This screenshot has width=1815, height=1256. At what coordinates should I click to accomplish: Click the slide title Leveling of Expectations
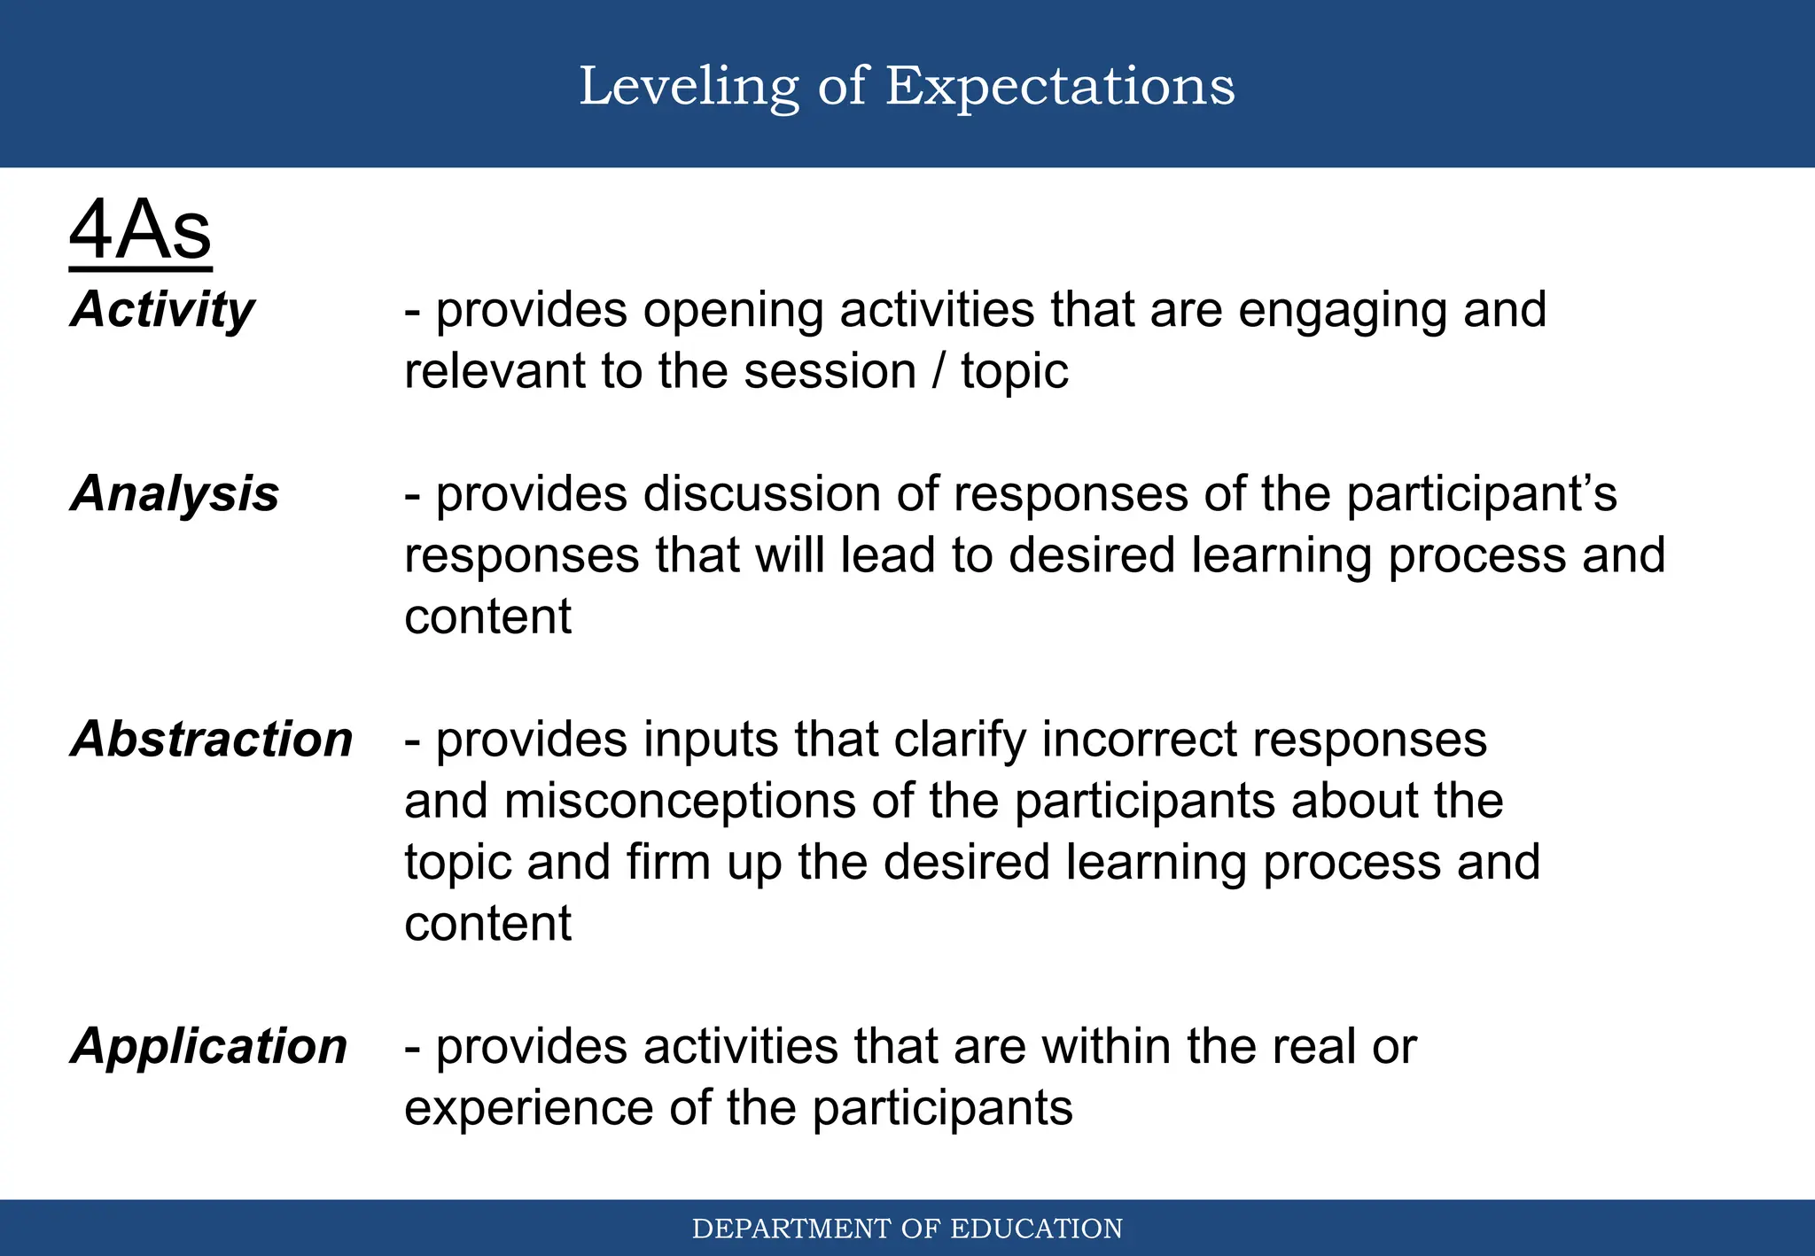(907, 86)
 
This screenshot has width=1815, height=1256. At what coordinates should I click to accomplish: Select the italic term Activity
(163, 310)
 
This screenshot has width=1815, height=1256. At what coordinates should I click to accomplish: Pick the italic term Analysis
(175, 493)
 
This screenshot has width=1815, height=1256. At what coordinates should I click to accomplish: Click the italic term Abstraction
(212, 739)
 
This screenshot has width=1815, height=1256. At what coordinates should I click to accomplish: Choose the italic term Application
(209, 1046)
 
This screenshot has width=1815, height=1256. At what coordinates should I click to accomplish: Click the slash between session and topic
(938, 371)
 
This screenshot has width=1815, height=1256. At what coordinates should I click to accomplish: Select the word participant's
(1482, 495)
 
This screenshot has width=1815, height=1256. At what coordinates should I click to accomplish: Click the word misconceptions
(680, 802)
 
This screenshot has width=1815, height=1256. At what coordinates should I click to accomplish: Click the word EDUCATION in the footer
(1036, 1229)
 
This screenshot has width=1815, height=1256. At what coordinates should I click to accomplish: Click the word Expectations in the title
(1060, 86)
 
